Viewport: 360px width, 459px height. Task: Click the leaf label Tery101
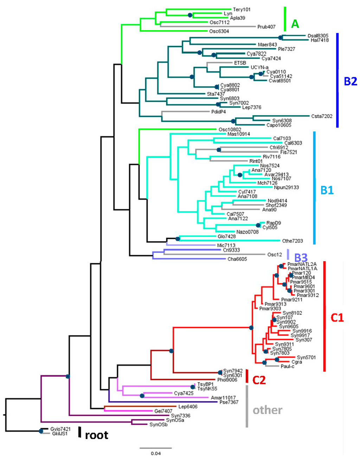coord(242,9)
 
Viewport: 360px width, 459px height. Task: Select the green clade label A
coord(295,24)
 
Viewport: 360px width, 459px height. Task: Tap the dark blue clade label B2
coord(350,81)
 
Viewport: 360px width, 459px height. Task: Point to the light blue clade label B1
coord(327,190)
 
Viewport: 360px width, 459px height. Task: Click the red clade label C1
coord(337,317)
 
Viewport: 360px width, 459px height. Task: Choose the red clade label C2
coord(259,380)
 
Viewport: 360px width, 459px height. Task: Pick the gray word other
coord(267,410)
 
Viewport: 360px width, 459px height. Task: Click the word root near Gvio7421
coord(96,435)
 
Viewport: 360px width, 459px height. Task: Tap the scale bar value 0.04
coord(156,453)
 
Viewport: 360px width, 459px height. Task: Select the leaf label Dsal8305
coord(318,36)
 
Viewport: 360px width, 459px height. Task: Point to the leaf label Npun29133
coord(286,187)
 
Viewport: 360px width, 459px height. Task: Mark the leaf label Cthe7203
coord(292,241)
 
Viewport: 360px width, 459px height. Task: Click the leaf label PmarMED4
coord(303,278)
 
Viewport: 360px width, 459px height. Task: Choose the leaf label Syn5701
coord(306,357)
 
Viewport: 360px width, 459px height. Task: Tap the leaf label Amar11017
coord(223,398)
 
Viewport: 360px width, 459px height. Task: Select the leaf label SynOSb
coord(158,425)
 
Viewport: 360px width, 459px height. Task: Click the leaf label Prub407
coord(266,27)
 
